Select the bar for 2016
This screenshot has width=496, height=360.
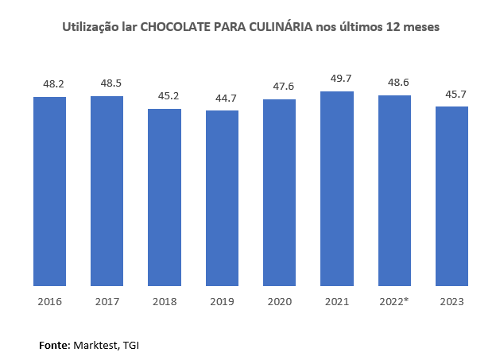pyautogui.click(x=49, y=191)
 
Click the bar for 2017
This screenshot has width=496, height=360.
pyautogui.click(x=107, y=191)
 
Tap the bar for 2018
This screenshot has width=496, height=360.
pyautogui.click(x=165, y=197)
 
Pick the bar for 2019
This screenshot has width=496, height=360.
pyautogui.click(x=222, y=198)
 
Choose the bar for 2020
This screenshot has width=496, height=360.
pyautogui.click(x=279, y=192)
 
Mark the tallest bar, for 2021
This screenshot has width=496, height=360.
pyautogui.click(x=337, y=188)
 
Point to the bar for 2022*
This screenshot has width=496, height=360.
pyautogui.click(x=394, y=191)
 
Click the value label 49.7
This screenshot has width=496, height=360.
pyautogui.click(x=337, y=78)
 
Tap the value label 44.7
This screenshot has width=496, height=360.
pyautogui.click(x=222, y=97)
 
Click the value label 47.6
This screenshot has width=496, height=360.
pyautogui.click(x=279, y=86)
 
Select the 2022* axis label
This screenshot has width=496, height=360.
pyautogui.click(x=394, y=302)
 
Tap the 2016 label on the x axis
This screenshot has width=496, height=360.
pyautogui.click(x=49, y=302)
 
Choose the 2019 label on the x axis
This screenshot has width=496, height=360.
pyautogui.click(x=222, y=302)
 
